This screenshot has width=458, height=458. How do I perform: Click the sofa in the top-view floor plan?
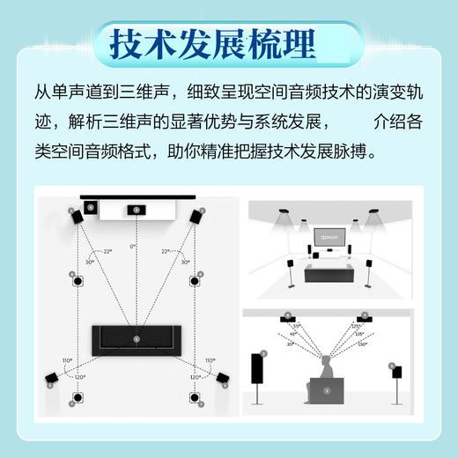[136, 337]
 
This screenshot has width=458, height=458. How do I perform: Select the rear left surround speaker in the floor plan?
[51, 381]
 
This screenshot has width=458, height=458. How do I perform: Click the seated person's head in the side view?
[325, 361]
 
